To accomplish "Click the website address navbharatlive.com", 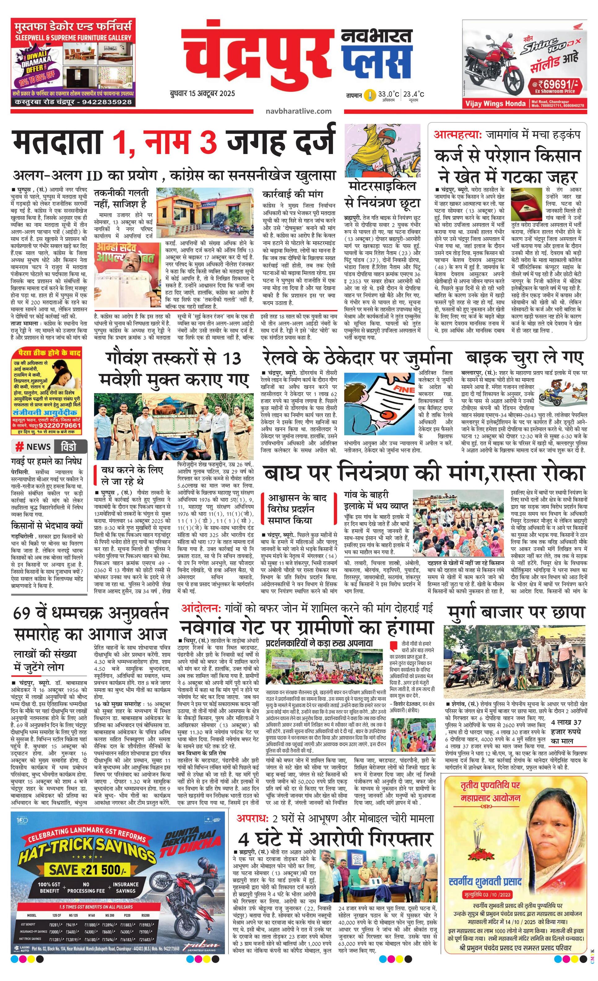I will (x=298, y=111).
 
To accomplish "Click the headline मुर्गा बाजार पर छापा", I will (x=516, y=612).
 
